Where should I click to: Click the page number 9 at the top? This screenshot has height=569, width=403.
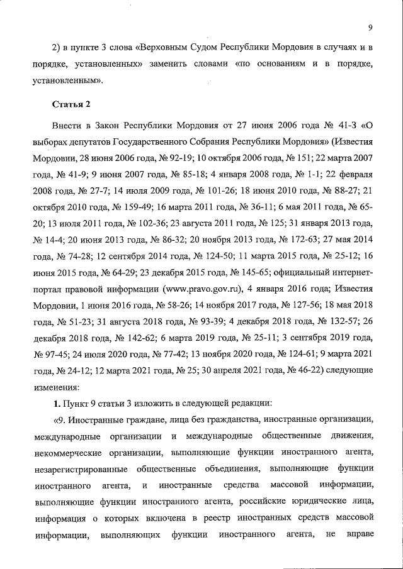click(371, 27)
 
